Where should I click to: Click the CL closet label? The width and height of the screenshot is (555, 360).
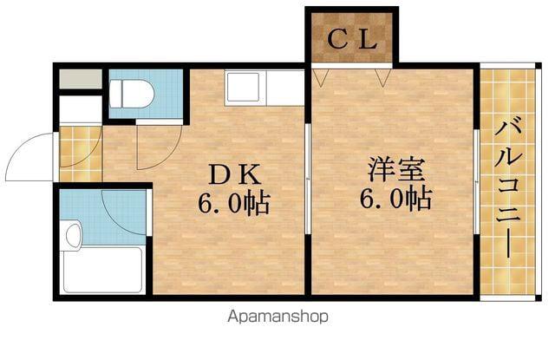tap(351, 39)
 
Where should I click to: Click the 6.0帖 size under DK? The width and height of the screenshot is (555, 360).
tap(233, 204)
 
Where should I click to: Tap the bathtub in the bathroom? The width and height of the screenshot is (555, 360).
tap(102, 269)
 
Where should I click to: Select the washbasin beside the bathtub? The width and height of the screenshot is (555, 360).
tap(73, 233)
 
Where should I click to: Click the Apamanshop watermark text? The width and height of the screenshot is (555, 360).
tap(277, 317)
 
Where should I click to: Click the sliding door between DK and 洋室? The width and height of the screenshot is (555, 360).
tap(308, 178)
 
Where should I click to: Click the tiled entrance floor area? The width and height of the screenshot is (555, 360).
tap(81, 154)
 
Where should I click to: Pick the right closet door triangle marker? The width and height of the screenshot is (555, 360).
tap(381, 79)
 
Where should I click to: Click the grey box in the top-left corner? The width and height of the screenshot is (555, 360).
tap(81, 78)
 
